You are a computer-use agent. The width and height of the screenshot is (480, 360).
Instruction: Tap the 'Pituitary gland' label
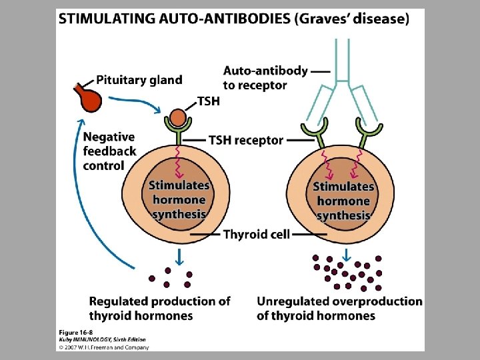tap(139, 80)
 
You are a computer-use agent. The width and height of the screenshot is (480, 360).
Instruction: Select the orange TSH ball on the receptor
tap(177, 119)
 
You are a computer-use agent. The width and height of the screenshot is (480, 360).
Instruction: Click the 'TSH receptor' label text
tap(246, 141)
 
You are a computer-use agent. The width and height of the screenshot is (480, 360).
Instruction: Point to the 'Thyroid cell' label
tap(257, 235)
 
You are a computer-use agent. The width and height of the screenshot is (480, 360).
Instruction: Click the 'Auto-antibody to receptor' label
tap(265, 77)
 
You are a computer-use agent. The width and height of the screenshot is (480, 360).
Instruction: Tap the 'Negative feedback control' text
tap(109, 151)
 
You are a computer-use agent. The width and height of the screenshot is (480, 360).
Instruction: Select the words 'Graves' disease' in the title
tap(351, 19)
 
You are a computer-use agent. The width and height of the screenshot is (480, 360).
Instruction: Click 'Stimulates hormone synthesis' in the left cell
tap(179, 199)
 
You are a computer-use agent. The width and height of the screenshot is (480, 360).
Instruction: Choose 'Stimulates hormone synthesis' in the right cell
tap(343, 201)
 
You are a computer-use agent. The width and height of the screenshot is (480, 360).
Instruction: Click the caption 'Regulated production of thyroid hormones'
tap(159, 308)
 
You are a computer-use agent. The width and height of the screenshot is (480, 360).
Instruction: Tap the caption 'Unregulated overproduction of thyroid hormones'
tap(339, 308)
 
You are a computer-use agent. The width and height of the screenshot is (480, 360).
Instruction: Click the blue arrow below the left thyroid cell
tap(179, 255)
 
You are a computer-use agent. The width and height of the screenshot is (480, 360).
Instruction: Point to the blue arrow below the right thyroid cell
tap(347, 255)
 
